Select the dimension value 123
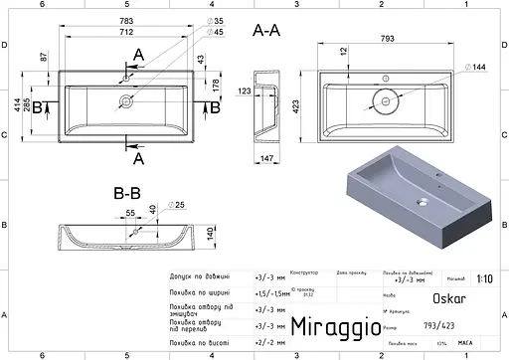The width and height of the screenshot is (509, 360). pyautogui.click(x=244, y=91)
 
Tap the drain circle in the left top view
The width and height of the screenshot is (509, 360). pyautogui.click(x=126, y=100)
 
